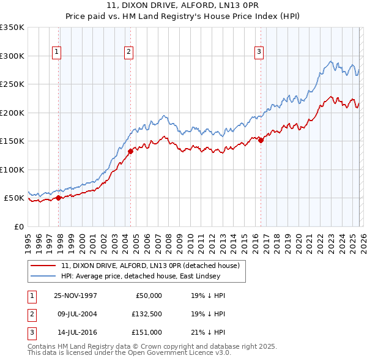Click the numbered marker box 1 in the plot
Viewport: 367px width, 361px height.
(x=56, y=53)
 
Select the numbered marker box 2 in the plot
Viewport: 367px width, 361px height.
(x=129, y=53)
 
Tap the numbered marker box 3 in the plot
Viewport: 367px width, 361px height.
(x=259, y=53)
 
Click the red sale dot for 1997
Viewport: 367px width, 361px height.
(x=59, y=198)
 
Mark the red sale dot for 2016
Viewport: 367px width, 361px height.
(x=261, y=140)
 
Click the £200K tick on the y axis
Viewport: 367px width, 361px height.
(x=12, y=113)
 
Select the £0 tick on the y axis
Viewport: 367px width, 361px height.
(x=18, y=226)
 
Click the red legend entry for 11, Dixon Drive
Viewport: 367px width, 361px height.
(x=153, y=266)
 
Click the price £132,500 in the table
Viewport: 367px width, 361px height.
(x=146, y=314)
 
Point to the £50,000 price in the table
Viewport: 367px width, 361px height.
(x=148, y=296)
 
